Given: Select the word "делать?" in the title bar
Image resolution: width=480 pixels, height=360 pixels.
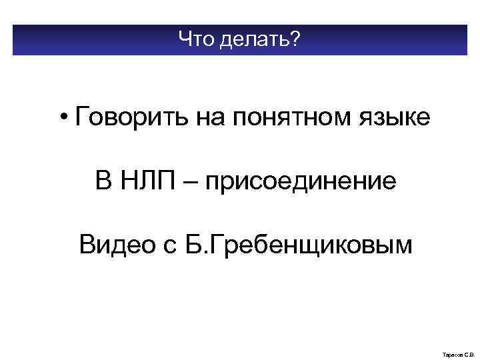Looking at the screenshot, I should click(257, 41).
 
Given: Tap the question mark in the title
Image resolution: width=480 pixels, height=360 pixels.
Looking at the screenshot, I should click(295, 41).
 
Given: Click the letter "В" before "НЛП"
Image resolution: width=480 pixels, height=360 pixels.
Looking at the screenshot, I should click(104, 181).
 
